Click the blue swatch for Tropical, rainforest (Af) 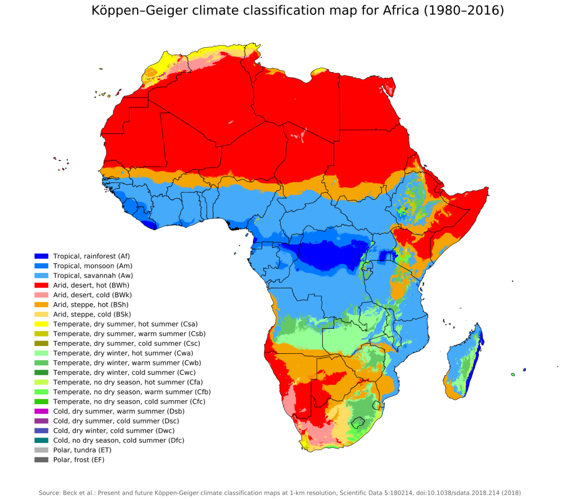pos(42,256)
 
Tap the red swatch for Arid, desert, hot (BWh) pos(42,286)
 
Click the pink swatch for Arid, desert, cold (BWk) pos(42,295)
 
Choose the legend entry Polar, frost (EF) pos(78,460)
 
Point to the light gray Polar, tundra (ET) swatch pos(42,450)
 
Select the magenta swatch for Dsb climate pos(42,411)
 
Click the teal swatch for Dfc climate pos(42,440)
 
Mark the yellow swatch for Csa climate pos(42,324)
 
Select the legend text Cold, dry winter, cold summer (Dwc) pos(118,431)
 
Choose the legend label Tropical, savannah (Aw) pos(93,276)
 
